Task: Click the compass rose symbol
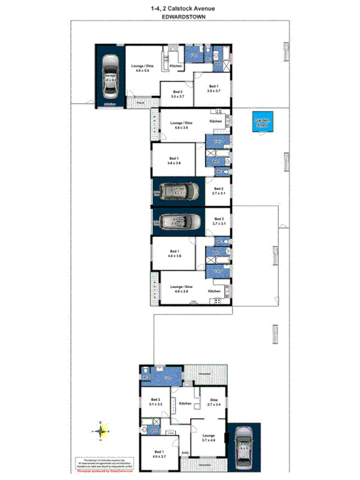click(104, 430)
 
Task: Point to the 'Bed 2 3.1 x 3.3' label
click(155, 403)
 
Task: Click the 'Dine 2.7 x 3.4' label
click(213, 402)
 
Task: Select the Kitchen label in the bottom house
click(186, 403)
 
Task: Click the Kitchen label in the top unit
click(176, 66)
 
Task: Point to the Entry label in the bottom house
click(185, 452)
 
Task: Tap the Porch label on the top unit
click(141, 102)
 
